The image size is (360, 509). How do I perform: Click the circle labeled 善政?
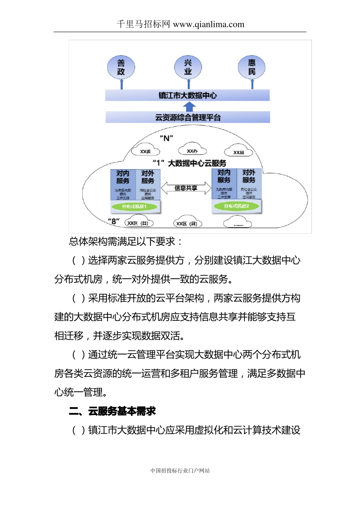pos(121,67)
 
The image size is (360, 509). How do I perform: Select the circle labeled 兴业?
pos(188,67)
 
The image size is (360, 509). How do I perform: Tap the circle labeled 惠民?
pos(252,67)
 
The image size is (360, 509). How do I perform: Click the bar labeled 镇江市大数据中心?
pos(187,95)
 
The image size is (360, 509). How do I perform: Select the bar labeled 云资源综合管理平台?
pos(188,117)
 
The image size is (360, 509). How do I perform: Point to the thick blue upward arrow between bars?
pos(189,106)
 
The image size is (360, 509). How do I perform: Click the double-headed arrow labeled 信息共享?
pos(186,188)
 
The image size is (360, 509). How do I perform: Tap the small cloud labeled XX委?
pos(145,151)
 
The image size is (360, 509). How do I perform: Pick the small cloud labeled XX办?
pos(192,150)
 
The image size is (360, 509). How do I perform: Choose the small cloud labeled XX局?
pos(239,151)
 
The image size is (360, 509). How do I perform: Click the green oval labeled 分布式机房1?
pos(134,206)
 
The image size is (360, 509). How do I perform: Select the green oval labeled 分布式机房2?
pos(236,206)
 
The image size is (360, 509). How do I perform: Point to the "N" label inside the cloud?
pos(166,138)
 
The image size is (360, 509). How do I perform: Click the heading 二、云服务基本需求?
pos(113,411)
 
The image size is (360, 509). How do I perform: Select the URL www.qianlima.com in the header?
pos(209,25)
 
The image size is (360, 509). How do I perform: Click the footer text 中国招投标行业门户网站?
pos(180,470)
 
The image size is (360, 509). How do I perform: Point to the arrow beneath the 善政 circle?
pos(122,84)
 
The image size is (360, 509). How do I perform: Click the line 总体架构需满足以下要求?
pos(125,242)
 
